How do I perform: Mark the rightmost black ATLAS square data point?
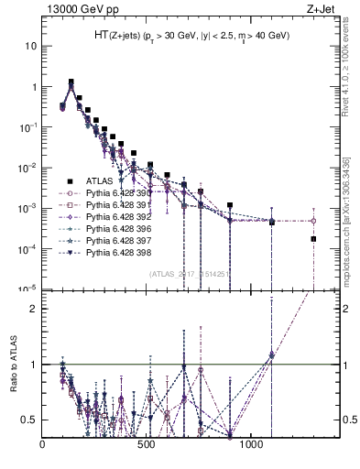point(313,239)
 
